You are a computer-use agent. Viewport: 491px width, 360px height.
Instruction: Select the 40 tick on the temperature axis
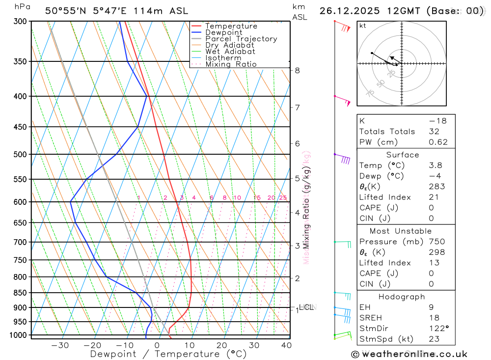tap(286, 345)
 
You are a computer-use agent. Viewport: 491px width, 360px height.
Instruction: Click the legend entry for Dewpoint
tap(223, 32)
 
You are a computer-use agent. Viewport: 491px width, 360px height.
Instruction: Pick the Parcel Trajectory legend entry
tap(241, 39)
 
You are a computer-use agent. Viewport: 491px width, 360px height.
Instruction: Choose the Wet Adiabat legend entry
tap(230, 52)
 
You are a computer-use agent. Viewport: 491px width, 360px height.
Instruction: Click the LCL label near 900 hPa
tap(306, 307)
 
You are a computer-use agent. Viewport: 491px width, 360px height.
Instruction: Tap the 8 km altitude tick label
tap(297, 70)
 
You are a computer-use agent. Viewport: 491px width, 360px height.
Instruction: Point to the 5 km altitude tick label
tap(297, 178)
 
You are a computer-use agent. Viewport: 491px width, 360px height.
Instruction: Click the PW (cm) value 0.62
tap(438, 142)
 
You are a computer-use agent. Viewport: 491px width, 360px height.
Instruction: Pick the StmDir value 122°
tap(438, 329)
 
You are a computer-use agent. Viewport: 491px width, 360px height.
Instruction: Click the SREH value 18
tap(434, 318)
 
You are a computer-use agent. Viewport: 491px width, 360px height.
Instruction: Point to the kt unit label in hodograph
tap(363, 26)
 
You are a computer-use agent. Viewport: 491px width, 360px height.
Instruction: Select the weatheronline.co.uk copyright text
tap(409, 354)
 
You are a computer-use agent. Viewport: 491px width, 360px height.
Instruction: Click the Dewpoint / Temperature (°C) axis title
tap(168, 354)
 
